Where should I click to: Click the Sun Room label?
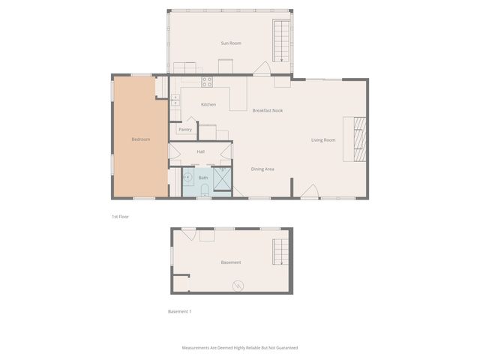(230, 43)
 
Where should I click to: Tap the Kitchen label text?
(208, 104)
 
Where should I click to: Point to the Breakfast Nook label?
(267, 110)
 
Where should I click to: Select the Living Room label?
(323, 139)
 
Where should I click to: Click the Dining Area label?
(262, 169)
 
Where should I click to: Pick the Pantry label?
(185, 130)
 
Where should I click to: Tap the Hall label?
(201, 151)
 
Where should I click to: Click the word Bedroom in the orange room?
(141, 139)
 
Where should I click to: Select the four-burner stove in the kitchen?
(207, 82)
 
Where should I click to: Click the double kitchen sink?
(175, 98)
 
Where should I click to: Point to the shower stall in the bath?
(223, 180)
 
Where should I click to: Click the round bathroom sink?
(188, 178)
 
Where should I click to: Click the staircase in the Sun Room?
(280, 41)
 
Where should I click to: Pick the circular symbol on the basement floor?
(238, 285)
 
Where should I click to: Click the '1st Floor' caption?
(120, 216)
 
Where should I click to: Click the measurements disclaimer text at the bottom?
(240, 348)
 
